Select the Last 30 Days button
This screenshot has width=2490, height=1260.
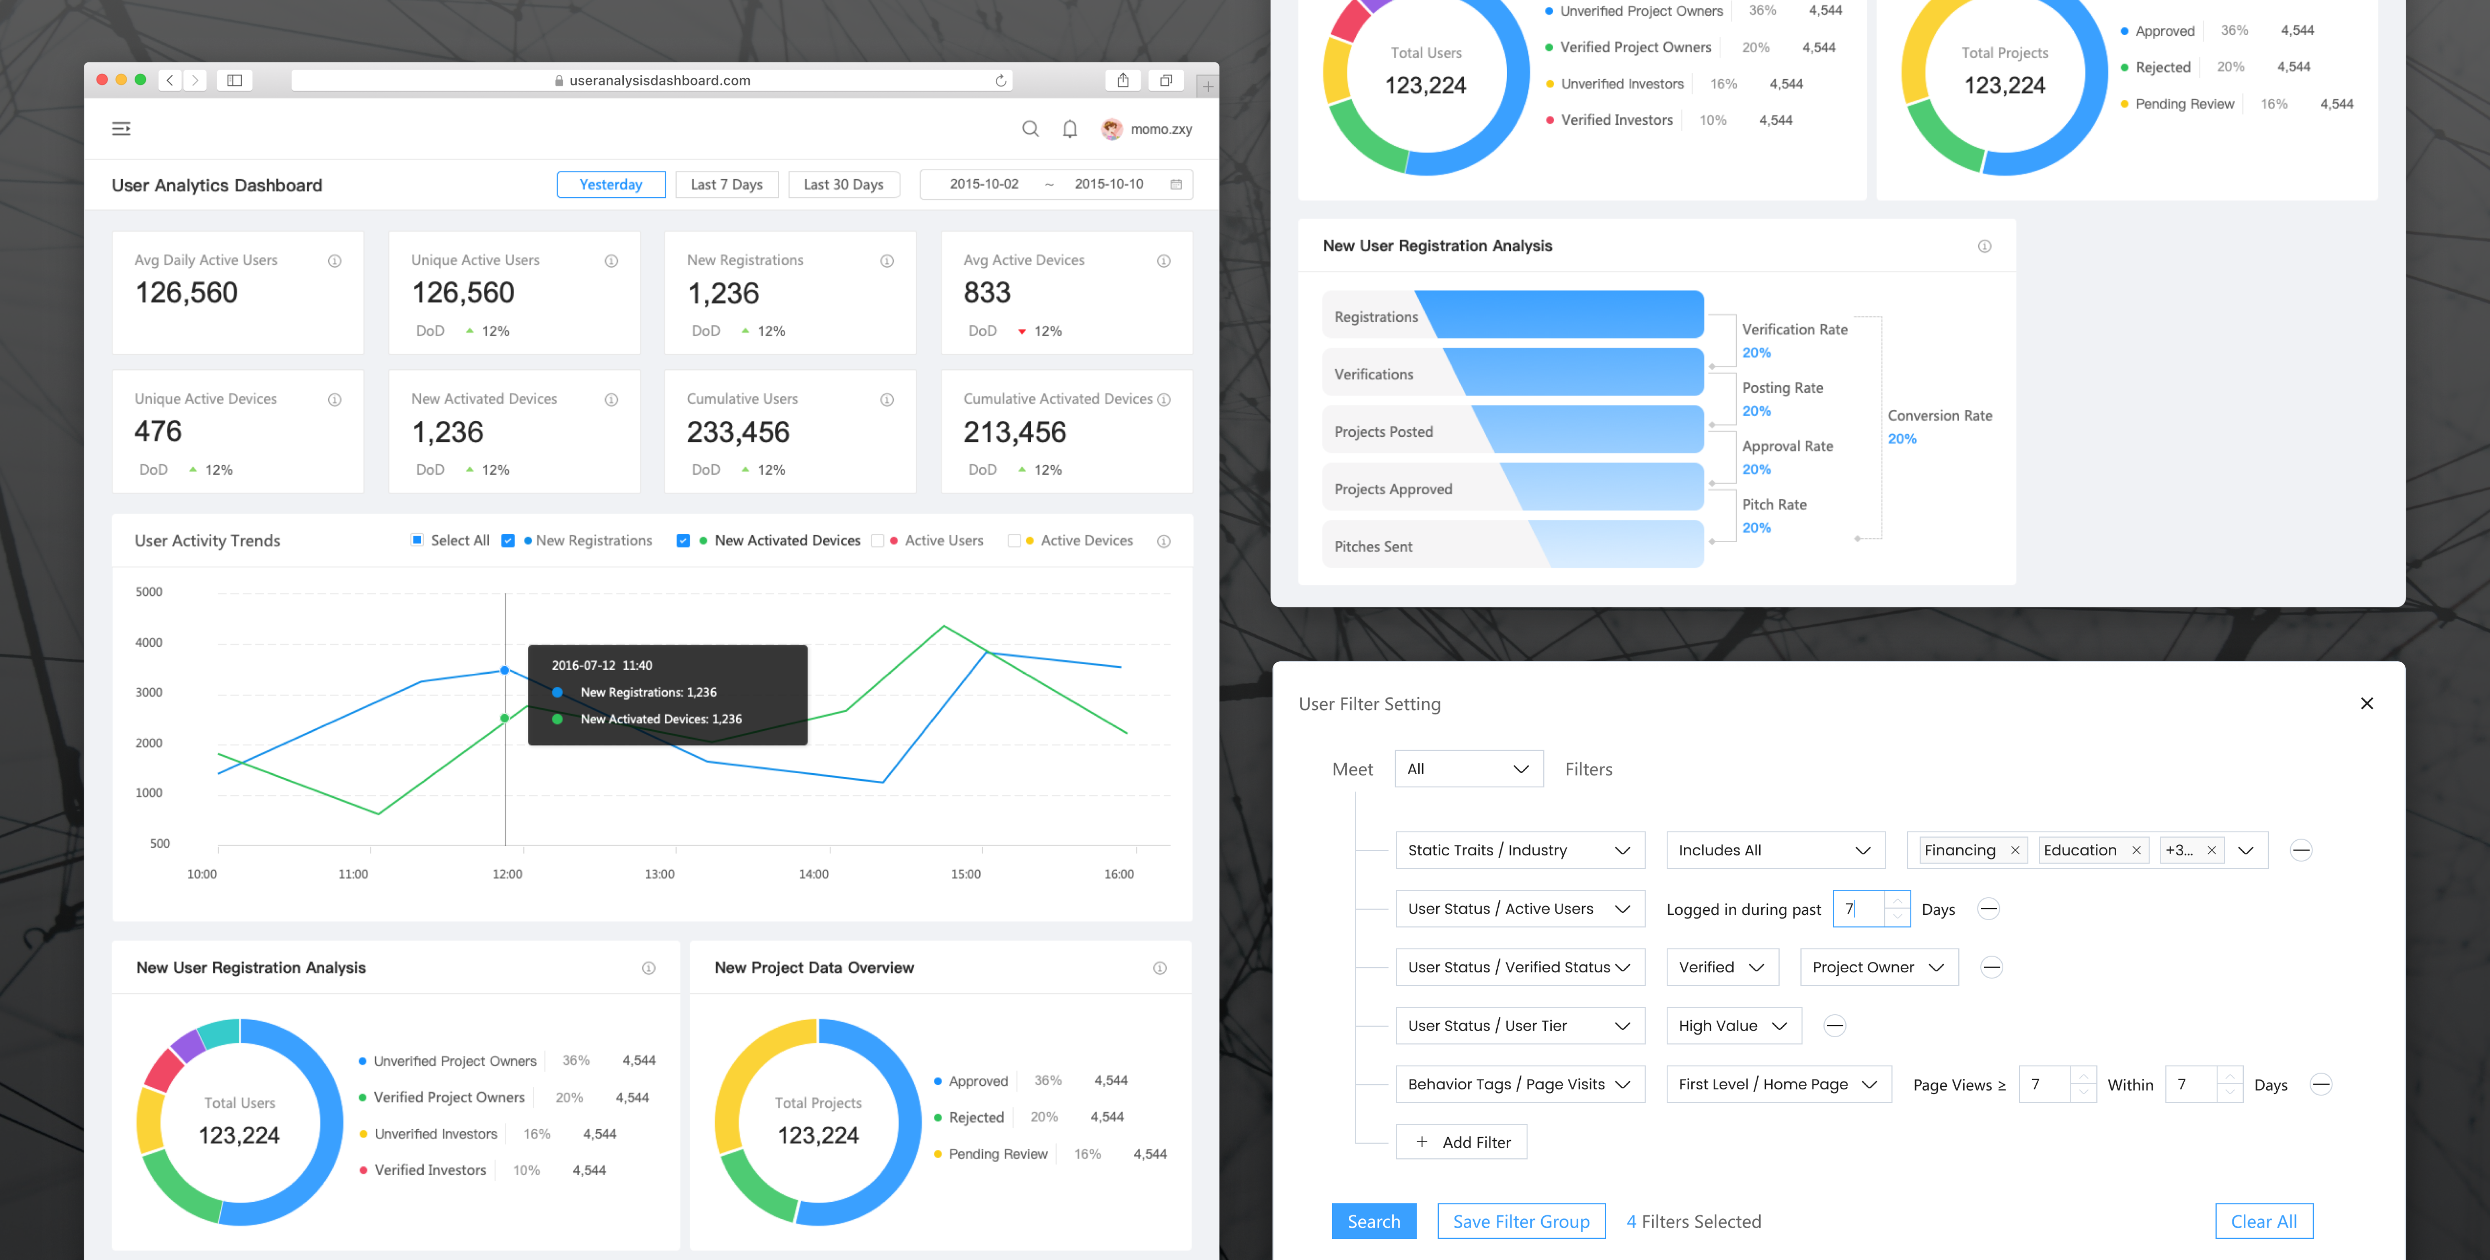[x=843, y=184]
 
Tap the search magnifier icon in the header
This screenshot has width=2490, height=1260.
[x=1030, y=129]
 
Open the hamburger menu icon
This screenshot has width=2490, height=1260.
[x=121, y=129]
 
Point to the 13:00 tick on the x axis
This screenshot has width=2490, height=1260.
[x=659, y=874]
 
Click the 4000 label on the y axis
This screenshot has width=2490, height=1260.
[x=149, y=642]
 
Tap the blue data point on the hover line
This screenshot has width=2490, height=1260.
[x=505, y=670]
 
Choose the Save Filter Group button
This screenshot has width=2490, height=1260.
[x=1520, y=1221]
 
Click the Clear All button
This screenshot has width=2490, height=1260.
[x=2263, y=1221]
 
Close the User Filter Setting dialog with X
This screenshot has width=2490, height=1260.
[x=2366, y=703]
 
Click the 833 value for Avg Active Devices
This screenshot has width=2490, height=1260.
[x=987, y=293]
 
